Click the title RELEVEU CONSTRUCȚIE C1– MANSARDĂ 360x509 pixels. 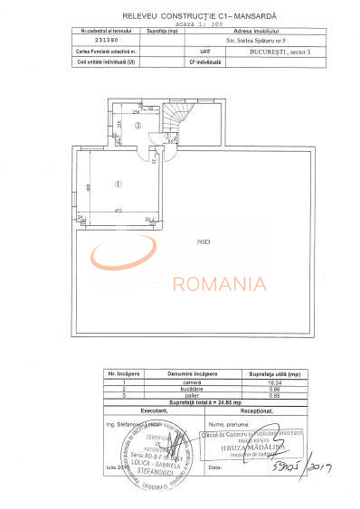(x=181, y=16)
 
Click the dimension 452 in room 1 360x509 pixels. (x=118, y=211)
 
